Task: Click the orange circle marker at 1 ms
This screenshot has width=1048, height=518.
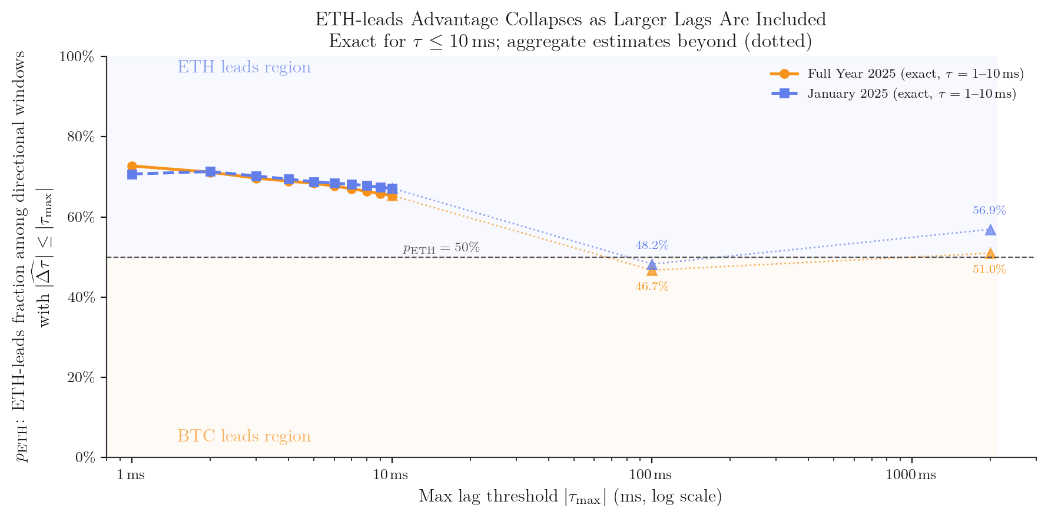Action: (x=132, y=167)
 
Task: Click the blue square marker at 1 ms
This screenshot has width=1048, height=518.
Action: (x=132, y=174)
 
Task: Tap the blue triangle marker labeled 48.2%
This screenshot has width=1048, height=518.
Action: (x=652, y=264)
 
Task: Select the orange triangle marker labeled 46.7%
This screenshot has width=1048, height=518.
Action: (x=652, y=271)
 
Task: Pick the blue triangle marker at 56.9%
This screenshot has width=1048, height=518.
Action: (x=990, y=230)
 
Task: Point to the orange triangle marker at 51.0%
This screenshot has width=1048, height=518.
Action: (x=990, y=253)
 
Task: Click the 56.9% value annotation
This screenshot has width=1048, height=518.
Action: (x=989, y=211)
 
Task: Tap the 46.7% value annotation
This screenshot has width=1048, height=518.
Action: (x=652, y=287)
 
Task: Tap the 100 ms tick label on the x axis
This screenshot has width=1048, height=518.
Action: (x=652, y=475)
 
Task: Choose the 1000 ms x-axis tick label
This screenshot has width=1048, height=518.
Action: (x=911, y=475)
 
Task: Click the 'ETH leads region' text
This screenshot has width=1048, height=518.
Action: (x=244, y=68)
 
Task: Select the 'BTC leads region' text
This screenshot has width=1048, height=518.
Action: (x=244, y=437)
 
